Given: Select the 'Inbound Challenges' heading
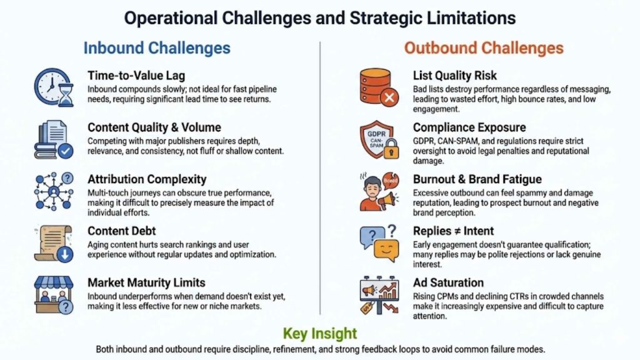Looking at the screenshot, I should coord(157,48).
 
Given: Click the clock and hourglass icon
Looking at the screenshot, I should coord(54,87).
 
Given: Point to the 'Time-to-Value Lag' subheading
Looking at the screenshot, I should coord(136,76).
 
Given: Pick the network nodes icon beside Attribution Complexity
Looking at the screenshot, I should coord(54,191).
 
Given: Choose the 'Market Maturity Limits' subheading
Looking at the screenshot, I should coord(147,282).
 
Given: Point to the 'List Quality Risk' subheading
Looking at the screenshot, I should coord(455,76).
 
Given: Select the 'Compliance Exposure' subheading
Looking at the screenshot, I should coord(469,127).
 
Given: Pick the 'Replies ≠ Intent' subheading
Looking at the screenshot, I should coord(453,231).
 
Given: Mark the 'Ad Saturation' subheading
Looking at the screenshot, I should coord(448,282).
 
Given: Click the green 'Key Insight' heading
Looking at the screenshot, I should coord(320,333).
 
